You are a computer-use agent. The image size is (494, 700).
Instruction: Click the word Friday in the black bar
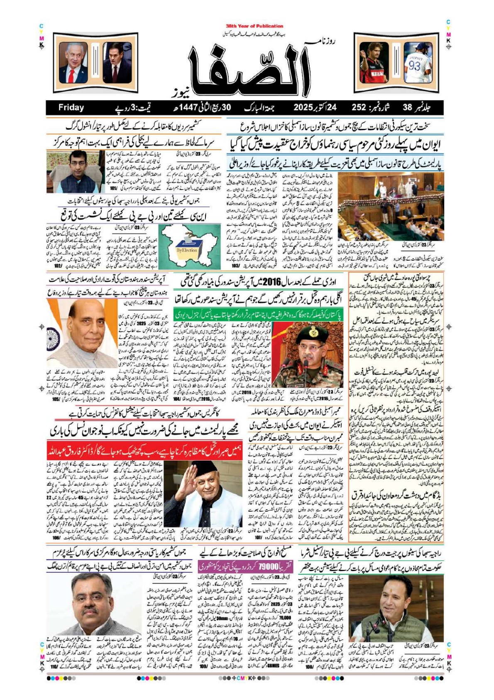click(71, 108)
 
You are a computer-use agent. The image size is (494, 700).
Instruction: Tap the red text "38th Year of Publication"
click(254, 26)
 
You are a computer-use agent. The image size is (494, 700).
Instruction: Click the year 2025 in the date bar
click(306, 108)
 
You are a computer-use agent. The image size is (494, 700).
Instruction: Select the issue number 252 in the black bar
click(359, 108)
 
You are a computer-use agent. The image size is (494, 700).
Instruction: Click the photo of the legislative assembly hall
click(391, 208)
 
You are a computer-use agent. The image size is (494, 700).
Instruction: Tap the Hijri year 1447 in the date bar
click(188, 108)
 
